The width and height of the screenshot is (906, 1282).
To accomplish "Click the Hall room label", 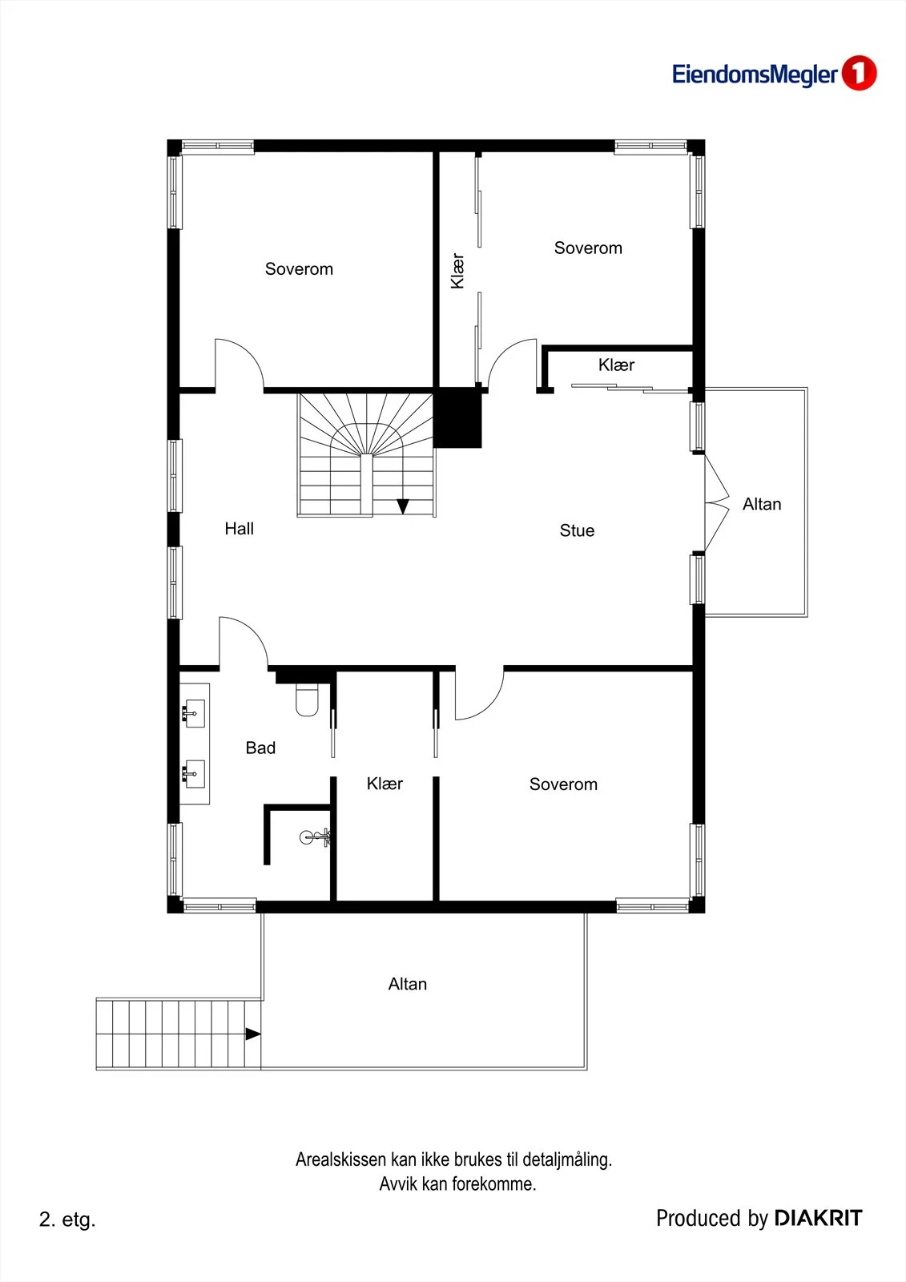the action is [x=239, y=528].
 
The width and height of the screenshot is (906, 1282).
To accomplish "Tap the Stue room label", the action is [x=577, y=530].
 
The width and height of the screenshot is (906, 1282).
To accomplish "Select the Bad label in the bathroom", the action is [x=260, y=748].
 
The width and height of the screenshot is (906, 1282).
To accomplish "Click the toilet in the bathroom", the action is [x=307, y=700].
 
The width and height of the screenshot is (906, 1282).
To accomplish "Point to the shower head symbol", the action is [x=316, y=837].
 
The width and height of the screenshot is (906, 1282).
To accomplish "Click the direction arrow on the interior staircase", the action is [x=402, y=506].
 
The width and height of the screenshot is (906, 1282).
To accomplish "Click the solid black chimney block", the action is [x=457, y=417].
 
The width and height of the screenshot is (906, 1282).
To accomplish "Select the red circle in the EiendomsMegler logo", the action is [x=859, y=73].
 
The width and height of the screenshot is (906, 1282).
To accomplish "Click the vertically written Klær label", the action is [x=457, y=271].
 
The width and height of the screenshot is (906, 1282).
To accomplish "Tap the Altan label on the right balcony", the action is [x=762, y=504].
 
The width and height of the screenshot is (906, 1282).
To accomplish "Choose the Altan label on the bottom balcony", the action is [x=408, y=984].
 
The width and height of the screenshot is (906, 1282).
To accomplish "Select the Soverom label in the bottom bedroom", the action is [x=563, y=784].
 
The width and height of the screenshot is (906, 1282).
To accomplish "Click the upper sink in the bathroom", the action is [x=193, y=713].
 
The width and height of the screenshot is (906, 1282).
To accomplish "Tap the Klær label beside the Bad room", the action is [x=385, y=784].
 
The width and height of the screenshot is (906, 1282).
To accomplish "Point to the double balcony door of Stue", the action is [x=717, y=504].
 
